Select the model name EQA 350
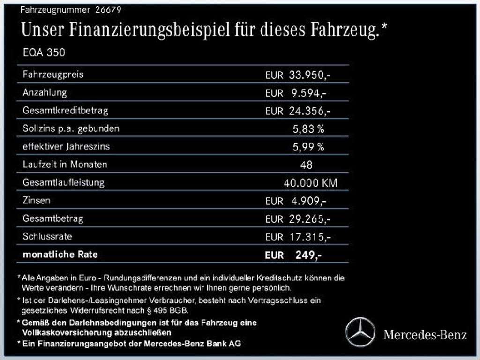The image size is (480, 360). (x=44, y=52)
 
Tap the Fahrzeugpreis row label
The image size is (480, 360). (x=53, y=75)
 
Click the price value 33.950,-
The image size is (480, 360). (x=310, y=75)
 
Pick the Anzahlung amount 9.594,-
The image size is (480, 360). (x=308, y=93)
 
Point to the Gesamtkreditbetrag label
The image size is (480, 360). (x=65, y=111)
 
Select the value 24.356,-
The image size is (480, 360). (x=310, y=112)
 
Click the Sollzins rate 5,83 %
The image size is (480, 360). (x=308, y=129)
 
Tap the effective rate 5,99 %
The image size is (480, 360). (x=308, y=147)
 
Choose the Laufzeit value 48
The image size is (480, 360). (x=306, y=165)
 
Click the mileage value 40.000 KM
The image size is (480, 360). (x=310, y=183)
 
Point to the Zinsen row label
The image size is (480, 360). (x=36, y=200)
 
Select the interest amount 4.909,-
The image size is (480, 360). (x=308, y=201)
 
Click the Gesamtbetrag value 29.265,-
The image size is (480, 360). (x=310, y=219)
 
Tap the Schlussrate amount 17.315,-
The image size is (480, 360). (x=310, y=237)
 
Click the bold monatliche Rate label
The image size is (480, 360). (x=60, y=255)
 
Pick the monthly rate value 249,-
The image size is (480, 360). (x=308, y=255)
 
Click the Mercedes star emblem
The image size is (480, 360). (x=360, y=332)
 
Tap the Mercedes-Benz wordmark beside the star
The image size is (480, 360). (x=425, y=335)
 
